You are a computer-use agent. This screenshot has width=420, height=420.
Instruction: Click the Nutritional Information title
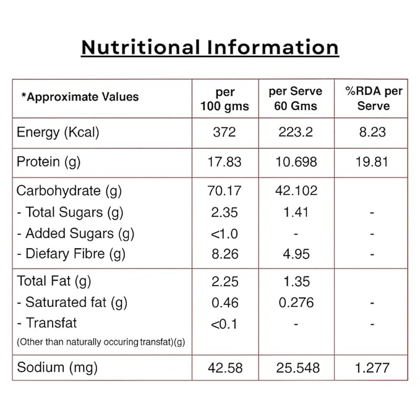(210, 48)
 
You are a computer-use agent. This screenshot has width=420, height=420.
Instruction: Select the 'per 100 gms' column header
(225, 99)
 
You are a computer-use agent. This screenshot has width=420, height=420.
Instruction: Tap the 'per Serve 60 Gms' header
(295, 98)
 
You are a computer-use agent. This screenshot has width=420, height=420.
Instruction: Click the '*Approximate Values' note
(80, 96)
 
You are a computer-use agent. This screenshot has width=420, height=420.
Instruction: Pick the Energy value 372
(224, 132)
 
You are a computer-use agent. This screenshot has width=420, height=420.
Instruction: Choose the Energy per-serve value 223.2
(295, 132)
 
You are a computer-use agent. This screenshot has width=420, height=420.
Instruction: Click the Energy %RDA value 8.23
(372, 132)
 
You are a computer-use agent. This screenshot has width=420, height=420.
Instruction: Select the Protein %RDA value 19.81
(372, 162)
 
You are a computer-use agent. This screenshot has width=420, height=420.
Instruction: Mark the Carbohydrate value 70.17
(224, 191)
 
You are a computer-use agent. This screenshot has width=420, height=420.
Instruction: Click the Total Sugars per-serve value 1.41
(296, 213)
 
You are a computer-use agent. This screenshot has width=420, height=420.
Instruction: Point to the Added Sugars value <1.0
(224, 234)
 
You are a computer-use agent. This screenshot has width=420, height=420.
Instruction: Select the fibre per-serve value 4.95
(296, 254)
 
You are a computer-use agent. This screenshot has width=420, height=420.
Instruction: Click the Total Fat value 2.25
(224, 281)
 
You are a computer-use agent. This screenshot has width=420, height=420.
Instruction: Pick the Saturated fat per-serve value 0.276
(296, 302)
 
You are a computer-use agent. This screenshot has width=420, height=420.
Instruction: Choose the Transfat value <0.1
(224, 324)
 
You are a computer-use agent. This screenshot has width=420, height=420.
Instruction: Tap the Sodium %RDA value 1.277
(372, 367)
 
